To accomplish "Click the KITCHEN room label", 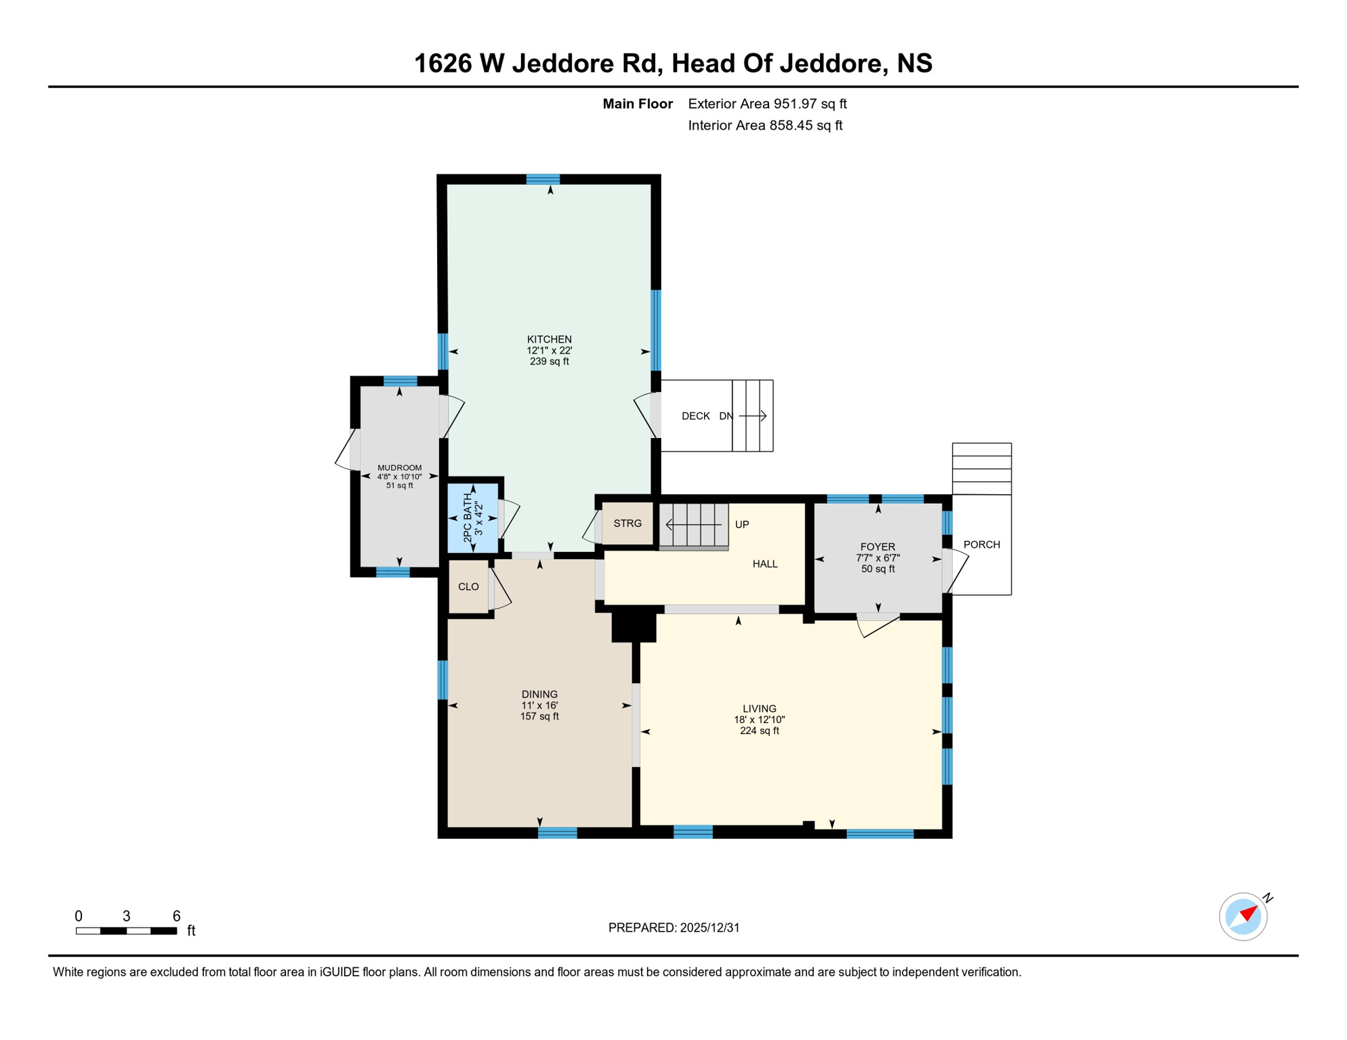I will (549, 339).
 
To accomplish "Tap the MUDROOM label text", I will (399, 468).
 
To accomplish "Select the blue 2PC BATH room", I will (473, 519).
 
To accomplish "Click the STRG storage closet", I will (627, 523).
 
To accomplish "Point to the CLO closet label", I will (468, 587).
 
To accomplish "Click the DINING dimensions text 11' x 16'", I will (539, 706).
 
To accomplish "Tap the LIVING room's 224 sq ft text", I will (759, 731).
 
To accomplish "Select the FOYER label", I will (877, 547).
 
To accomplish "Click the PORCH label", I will (981, 544).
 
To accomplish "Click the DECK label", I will (695, 416).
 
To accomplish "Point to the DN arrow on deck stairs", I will (752, 416).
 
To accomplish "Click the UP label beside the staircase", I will (742, 525).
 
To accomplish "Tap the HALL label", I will (765, 564).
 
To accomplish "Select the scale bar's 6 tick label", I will (176, 916).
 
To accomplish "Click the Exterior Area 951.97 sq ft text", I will (767, 104).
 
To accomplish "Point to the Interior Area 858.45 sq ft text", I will (765, 125).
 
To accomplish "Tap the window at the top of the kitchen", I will (543, 179).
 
